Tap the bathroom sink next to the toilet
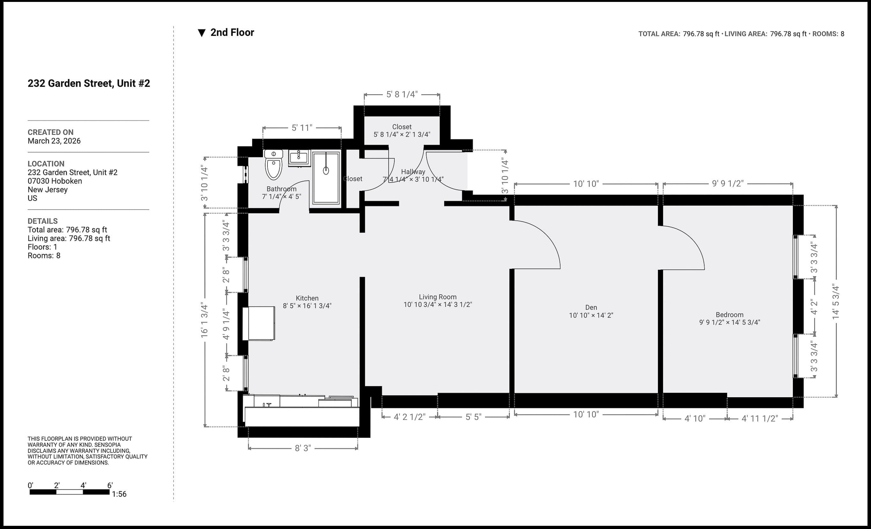point(299,158)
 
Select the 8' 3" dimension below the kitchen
point(303,448)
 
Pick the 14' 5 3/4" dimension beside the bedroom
point(836,302)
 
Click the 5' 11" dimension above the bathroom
point(302,128)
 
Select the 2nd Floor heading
point(231,32)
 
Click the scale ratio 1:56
point(119,494)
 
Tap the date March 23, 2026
point(54,141)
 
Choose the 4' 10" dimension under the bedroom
point(695,418)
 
